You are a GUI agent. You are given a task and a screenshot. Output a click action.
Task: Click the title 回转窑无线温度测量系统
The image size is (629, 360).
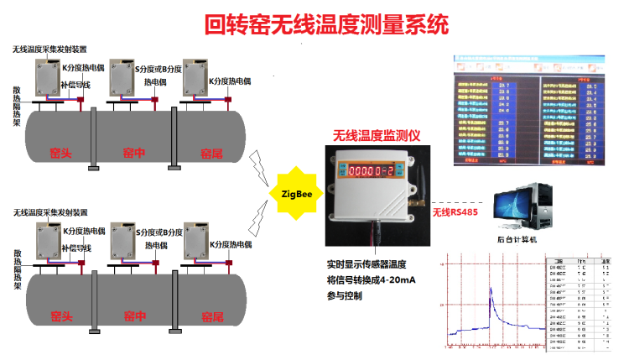(x=314, y=24)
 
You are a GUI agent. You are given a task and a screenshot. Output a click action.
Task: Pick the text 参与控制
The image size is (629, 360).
(x=345, y=295)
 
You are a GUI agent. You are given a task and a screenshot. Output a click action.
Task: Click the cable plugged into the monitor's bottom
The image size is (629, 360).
(x=377, y=231)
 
